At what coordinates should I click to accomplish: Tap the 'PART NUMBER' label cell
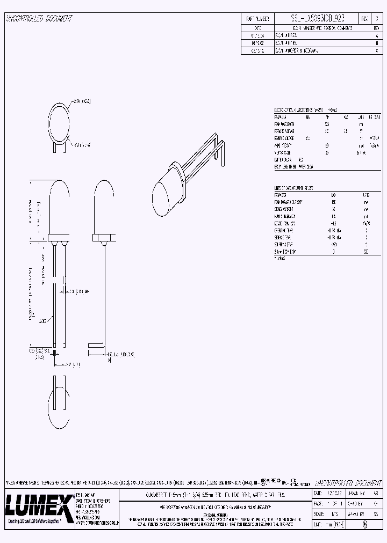[x=257, y=19]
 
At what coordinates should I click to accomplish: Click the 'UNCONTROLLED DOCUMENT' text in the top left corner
[x=39, y=19]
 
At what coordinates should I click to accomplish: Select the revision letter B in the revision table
[x=376, y=42]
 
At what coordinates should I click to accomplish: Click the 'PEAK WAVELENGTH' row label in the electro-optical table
[x=285, y=123]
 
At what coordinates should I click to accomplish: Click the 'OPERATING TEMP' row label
[x=284, y=230]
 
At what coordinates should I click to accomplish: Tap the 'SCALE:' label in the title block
[x=318, y=513]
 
